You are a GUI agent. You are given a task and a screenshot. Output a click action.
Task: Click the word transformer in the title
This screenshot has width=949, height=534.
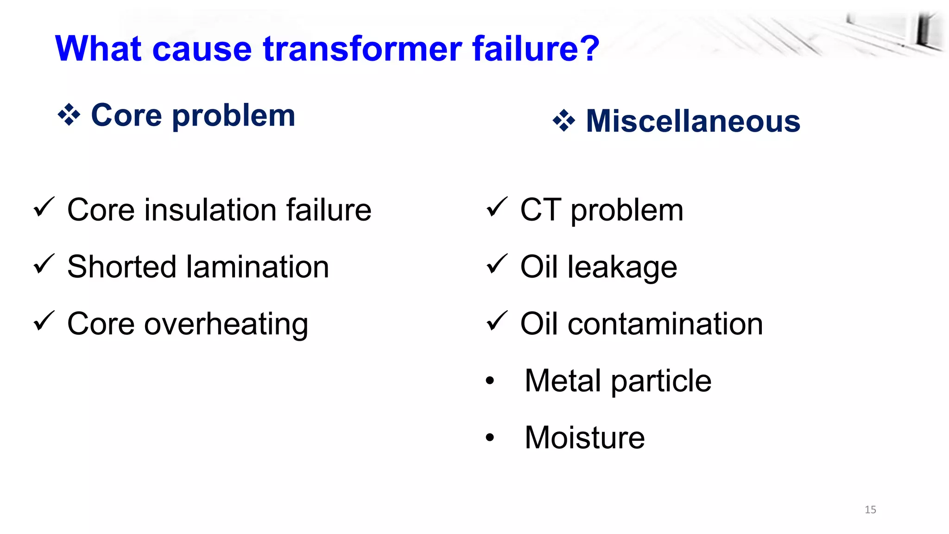click(362, 49)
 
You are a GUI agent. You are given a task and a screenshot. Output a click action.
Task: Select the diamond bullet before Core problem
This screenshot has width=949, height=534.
click(69, 115)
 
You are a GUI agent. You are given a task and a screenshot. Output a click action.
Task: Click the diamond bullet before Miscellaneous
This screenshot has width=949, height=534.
click(564, 121)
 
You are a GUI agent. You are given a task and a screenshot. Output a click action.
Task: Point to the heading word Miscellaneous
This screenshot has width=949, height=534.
click(693, 121)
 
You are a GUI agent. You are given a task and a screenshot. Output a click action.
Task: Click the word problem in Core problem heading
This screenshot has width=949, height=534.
click(234, 116)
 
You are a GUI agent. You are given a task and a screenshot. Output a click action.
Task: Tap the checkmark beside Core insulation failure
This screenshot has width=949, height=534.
click(44, 207)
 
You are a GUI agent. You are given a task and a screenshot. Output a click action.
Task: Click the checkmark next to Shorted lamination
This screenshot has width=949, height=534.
click(44, 264)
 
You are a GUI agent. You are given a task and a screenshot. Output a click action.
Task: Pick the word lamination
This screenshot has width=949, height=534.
click(258, 267)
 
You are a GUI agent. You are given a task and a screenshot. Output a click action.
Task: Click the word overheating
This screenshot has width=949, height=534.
click(226, 324)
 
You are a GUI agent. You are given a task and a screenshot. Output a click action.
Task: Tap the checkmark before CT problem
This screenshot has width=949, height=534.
click(497, 207)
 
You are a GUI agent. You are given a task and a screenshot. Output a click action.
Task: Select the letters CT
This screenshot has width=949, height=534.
click(540, 210)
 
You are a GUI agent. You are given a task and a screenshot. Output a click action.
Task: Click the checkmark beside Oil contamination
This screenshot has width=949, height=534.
click(497, 321)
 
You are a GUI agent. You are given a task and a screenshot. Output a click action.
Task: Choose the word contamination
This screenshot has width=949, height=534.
click(665, 324)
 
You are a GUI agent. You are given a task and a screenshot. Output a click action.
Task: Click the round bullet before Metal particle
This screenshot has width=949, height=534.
click(490, 381)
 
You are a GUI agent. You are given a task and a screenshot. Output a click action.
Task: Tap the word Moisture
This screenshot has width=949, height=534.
click(584, 438)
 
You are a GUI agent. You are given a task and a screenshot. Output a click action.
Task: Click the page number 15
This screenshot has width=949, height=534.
click(870, 509)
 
